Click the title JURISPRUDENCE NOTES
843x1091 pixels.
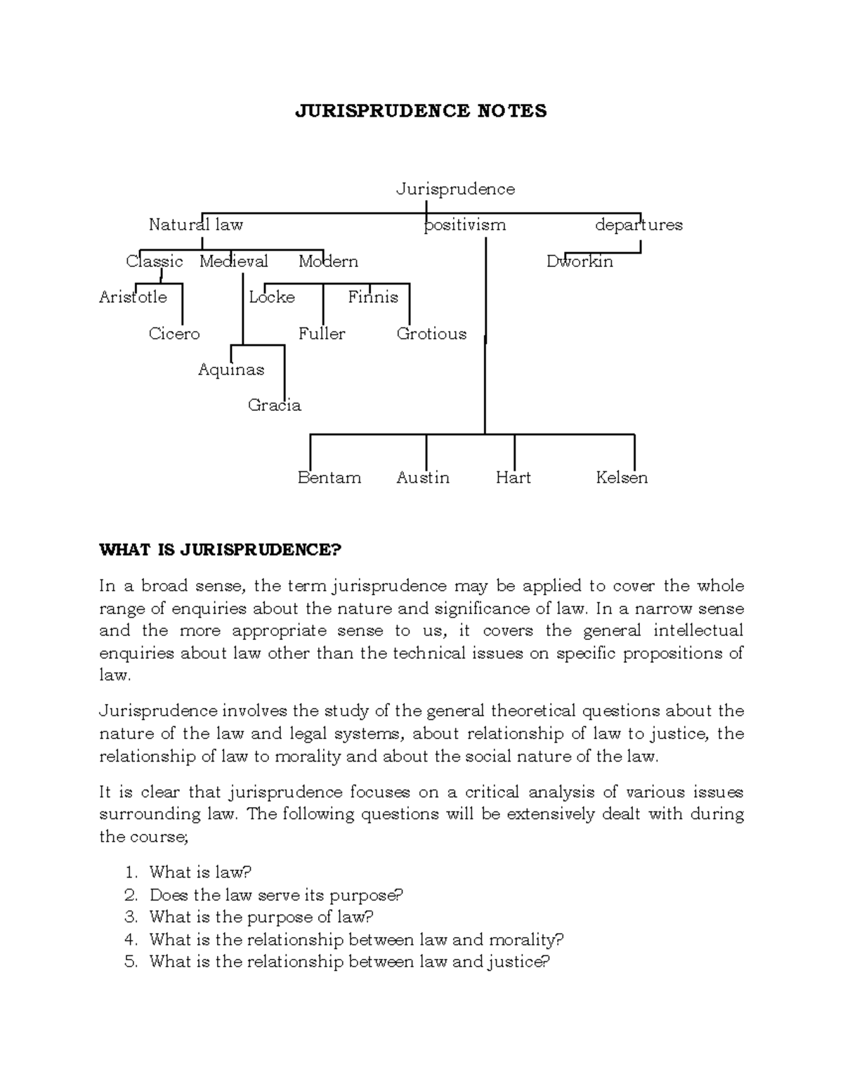point(421,111)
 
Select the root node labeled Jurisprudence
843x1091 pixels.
point(455,189)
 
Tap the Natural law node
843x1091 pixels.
point(195,225)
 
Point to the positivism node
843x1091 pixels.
point(464,225)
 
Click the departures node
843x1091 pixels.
point(639,225)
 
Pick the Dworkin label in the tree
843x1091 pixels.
point(580,261)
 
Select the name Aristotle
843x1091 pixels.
point(133,297)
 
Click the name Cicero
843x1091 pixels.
point(174,334)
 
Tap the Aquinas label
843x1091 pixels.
point(231,370)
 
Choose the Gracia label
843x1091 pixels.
point(274,405)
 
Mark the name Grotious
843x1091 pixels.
point(431,334)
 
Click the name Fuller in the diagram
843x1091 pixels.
point(322,334)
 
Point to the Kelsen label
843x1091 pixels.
point(621,478)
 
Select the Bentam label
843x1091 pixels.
point(329,478)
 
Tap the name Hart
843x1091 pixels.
point(513,478)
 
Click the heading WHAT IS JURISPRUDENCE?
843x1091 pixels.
point(219,549)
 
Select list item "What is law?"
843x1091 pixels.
point(200,873)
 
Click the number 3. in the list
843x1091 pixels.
point(131,917)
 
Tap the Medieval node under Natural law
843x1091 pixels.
point(233,261)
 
